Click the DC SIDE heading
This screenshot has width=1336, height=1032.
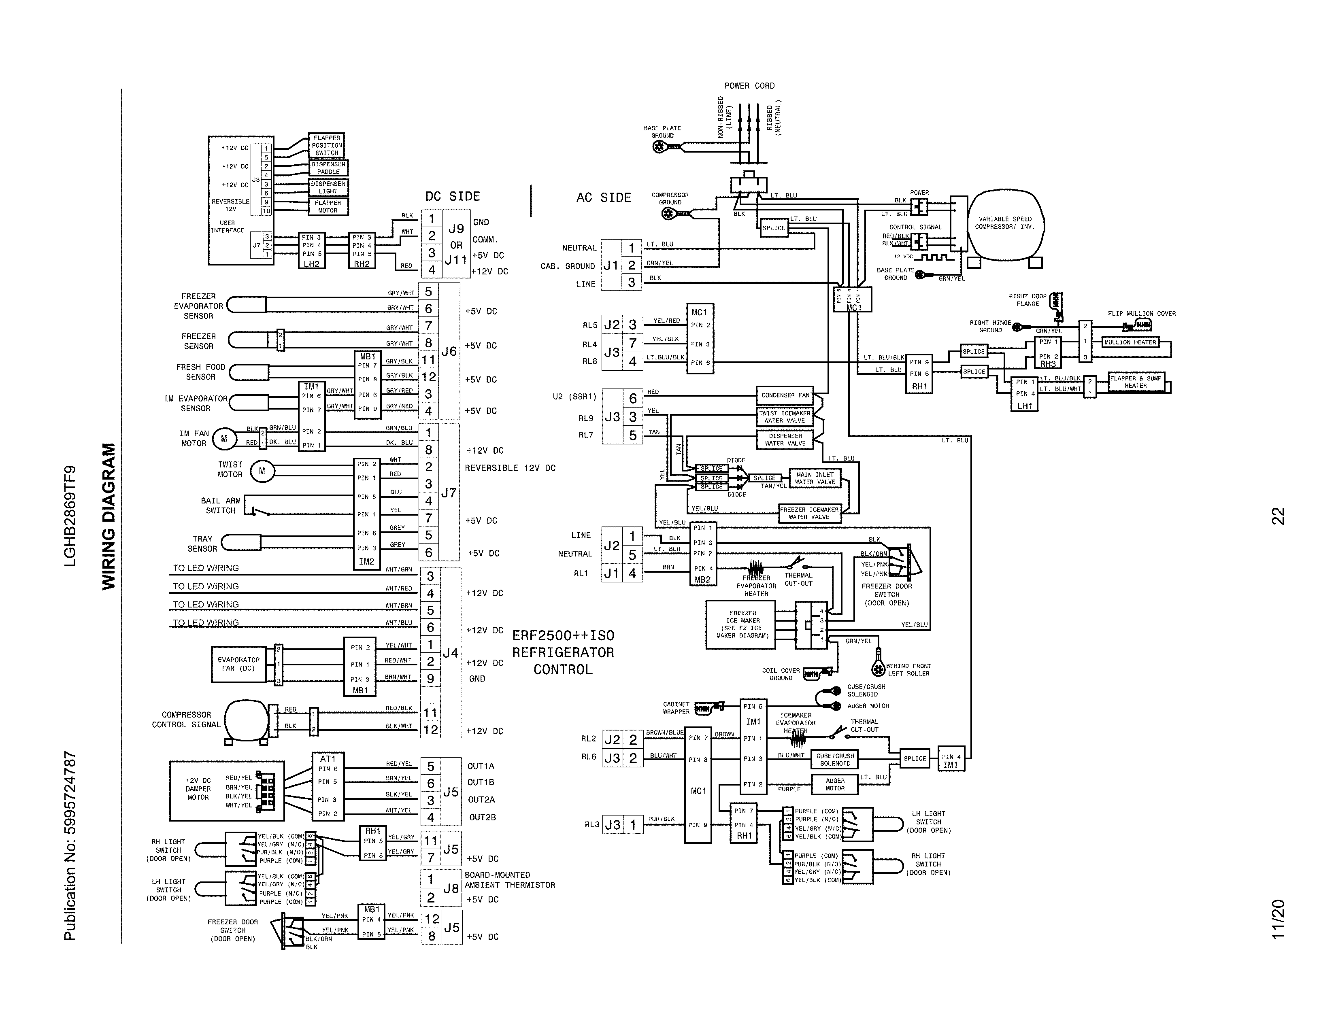tap(452, 196)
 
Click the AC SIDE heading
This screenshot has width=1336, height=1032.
tap(603, 197)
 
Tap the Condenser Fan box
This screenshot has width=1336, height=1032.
tap(785, 395)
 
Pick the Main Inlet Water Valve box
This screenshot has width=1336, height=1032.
tap(815, 478)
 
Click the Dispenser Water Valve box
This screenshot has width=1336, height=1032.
tap(785, 440)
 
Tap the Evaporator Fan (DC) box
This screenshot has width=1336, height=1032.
tap(238, 664)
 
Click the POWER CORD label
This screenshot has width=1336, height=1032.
tap(749, 85)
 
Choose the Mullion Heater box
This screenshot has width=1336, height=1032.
tap(1130, 342)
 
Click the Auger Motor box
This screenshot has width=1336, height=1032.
tap(834, 784)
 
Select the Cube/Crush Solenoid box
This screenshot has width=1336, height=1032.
tap(835, 759)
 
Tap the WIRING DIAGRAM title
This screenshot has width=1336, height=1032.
tap(108, 517)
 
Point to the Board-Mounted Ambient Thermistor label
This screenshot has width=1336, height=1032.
tap(510, 880)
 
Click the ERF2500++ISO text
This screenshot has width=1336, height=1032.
tap(563, 635)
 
